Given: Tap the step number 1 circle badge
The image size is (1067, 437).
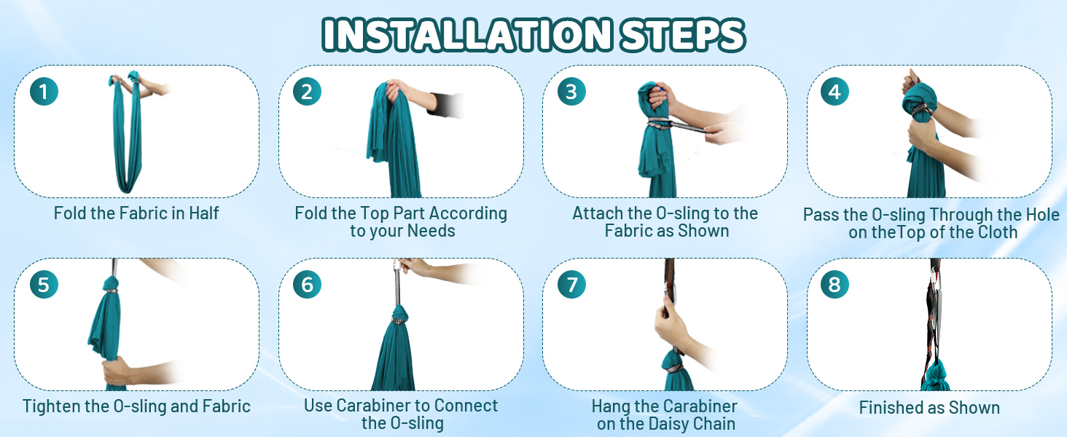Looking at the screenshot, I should click(x=44, y=92).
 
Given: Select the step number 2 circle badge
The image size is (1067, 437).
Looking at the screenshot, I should click(x=307, y=92).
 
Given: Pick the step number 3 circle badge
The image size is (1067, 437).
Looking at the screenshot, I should click(x=571, y=92).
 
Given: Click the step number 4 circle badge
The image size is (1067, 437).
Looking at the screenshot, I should click(x=835, y=92).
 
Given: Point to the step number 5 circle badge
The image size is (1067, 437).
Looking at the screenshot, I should click(x=44, y=285).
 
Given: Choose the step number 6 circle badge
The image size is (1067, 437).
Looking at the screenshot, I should click(x=307, y=285).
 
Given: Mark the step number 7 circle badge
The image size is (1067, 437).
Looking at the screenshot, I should click(x=571, y=285).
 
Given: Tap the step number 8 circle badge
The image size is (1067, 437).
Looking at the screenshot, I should click(x=835, y=285).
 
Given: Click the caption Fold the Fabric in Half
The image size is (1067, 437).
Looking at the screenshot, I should click(x=136, y=213).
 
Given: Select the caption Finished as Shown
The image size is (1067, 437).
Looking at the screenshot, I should click(x=929, y=408).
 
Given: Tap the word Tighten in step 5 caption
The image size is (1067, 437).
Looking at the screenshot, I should click(x=50, y=406).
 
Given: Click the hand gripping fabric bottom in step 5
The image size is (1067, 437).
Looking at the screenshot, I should click(x=120, y=370).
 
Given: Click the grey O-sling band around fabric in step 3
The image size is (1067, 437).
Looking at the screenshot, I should click(x=660, y=122).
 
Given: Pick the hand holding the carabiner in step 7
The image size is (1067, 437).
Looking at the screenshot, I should click(x=671, y=324).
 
